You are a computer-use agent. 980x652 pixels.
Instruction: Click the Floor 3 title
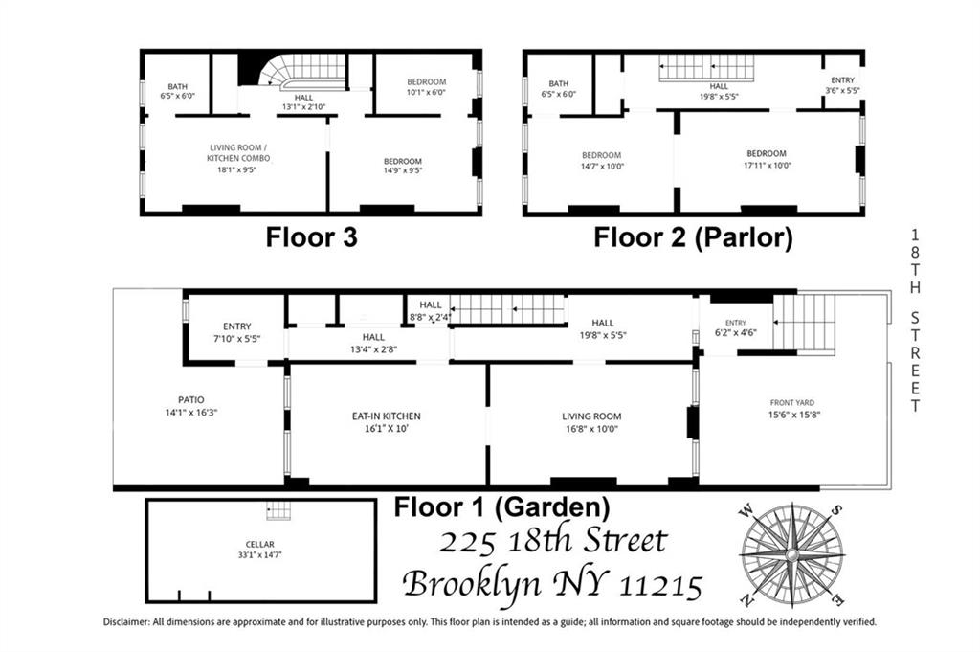pyautogui.click(x=311, y=237)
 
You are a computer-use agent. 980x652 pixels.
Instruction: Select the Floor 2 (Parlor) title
pyautogui.click(x=693, y=237)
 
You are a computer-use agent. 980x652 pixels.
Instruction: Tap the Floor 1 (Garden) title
pyautogui.click(x=501, y=506)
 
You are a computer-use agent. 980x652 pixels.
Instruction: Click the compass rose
pyautogui.click(x=792, y=554)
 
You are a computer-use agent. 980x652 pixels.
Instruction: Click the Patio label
pyautogui.click(x=184, y=400)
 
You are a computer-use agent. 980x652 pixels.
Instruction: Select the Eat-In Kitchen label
pyautogui.click(x=387, y=416)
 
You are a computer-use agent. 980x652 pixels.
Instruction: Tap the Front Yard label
pyautogui.click(x=791, y=402)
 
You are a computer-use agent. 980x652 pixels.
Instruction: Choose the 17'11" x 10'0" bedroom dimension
pyautogui.click(x=767, y=165)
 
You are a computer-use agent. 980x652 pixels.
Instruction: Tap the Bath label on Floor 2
pyautogui.click(x=559, y=84)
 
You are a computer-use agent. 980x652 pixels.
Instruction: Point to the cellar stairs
pyautogui.click(x=278, y=510)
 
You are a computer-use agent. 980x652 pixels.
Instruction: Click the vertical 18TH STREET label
pyautogui.click(x=915, y=320)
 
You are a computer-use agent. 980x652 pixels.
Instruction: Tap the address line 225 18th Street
pyautogui.click(x=552, y=542)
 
